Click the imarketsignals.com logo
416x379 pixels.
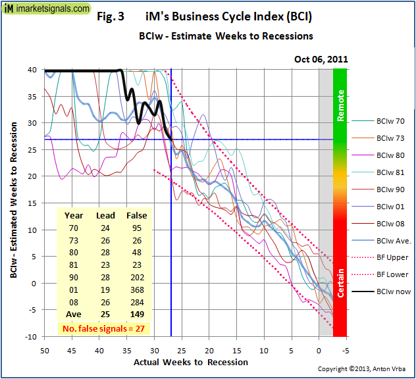(46, 9)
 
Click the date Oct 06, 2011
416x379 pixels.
(321, 59)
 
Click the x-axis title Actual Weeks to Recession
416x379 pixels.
(191, 362)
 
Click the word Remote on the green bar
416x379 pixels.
(341, 106)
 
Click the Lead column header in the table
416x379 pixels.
(105, 215)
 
